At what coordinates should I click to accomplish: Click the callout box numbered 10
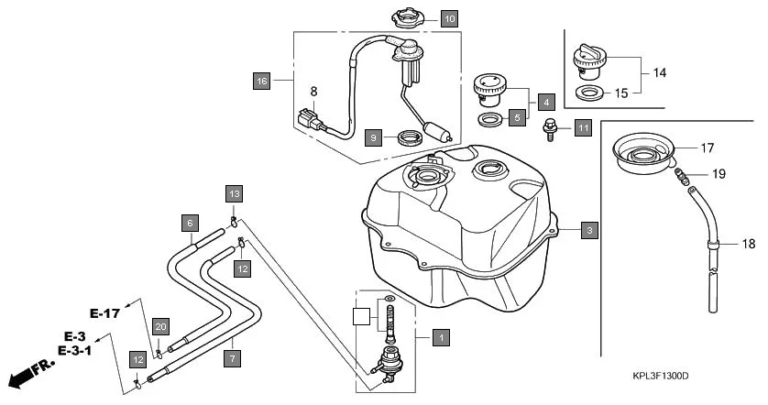click(x=448, y=18)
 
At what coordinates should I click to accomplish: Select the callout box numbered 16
click(x=262, y=82)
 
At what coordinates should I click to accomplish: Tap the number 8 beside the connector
click(x=313, y=92)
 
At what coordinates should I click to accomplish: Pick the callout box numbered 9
click(x=373, y=137)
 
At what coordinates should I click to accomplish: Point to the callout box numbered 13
click(x=235, y=193)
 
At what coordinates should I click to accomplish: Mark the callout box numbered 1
click(x=441, y=337)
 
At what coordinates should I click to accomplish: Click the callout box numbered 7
click(x=233, y=358)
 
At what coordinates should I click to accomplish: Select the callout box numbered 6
click(x=189, y=223)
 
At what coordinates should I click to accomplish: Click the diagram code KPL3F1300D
click(x=660, y=377)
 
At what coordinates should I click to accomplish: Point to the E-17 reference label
click(x=105, y=313)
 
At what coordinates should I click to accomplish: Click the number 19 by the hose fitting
click(x=719, y=173)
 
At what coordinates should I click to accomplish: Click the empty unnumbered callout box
click(x=364, y=317)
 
